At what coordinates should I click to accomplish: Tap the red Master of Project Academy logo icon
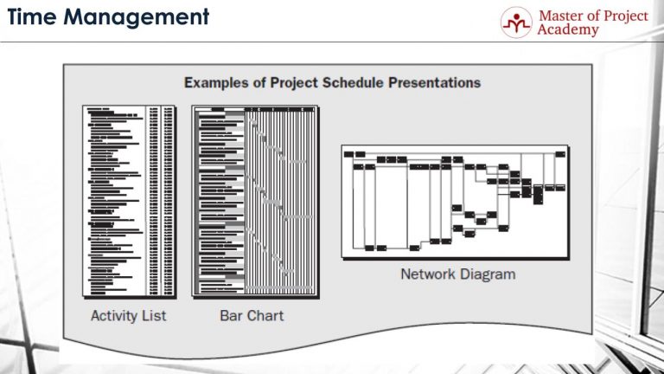(x=517, y=23)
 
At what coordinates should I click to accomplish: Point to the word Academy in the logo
(x=568, y=30)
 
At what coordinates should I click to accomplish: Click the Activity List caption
(x=128, y=316)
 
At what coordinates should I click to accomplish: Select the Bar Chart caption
(x=252, y=316)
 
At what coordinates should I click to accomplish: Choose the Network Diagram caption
(x=457, y=274)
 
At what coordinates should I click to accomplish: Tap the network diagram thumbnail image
(x=455, y=202)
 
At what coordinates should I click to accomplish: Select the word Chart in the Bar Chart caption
(x=265, y=316)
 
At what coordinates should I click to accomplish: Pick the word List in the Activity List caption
(x=152, y=316)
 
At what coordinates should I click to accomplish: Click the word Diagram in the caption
(x=488, y=274)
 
